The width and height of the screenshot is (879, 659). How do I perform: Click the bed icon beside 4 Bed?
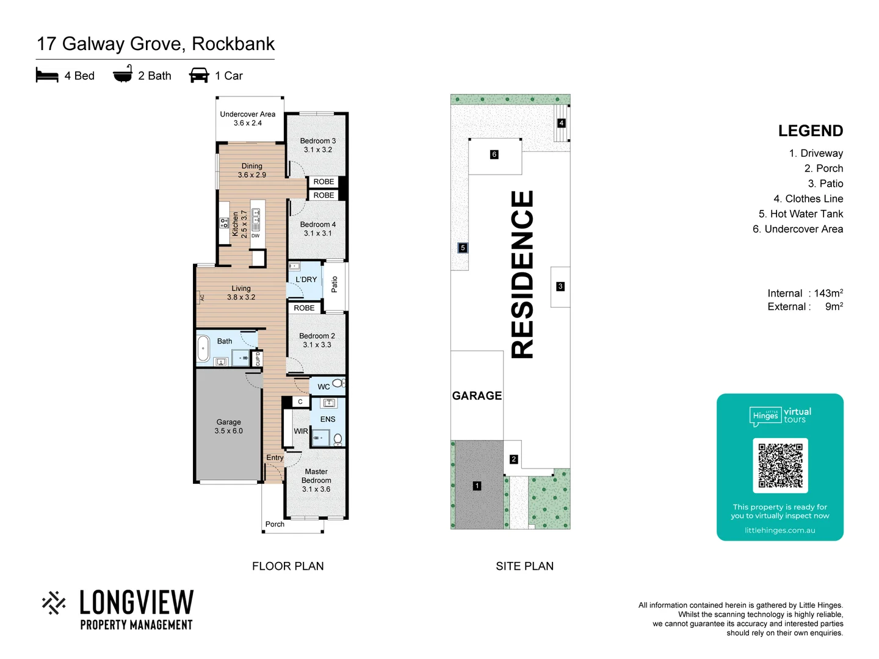(47, 75)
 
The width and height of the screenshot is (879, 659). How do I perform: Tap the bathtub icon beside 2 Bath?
(123, 74)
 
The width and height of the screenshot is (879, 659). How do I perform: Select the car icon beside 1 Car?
(199, 75)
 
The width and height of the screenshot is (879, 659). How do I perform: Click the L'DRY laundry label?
(306, 279)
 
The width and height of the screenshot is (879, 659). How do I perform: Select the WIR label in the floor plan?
(301, 431)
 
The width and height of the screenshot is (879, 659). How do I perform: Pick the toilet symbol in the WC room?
(338, 383)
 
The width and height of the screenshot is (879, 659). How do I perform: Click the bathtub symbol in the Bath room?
(203, 349)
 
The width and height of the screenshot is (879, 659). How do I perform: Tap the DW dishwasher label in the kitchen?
(256, 236)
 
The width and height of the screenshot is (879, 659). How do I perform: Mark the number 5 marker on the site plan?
(463, 248)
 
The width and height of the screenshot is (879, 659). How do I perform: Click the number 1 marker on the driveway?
(477, 486)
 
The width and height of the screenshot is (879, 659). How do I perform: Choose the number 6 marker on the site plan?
(494, 154)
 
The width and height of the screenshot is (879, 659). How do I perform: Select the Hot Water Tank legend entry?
(800, 214)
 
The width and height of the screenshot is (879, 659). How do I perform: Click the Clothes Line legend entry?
(808, 198)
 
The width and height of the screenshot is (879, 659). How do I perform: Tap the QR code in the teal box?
(780, 466)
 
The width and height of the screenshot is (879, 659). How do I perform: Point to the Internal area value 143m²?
(828, 293)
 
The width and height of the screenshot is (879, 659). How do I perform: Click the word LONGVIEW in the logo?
(137, 602)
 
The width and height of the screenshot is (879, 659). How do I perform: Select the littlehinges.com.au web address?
(780, 530)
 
